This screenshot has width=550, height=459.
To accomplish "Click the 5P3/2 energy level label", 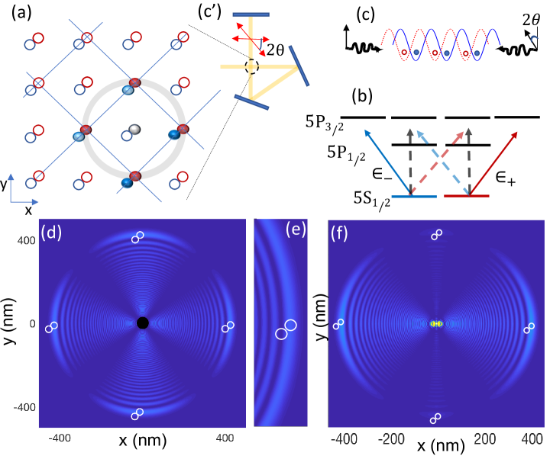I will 321,119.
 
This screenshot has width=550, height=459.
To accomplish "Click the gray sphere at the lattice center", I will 135,130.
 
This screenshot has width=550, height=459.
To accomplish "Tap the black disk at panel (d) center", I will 142,323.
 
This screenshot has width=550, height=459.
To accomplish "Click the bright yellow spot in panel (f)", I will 436,323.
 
